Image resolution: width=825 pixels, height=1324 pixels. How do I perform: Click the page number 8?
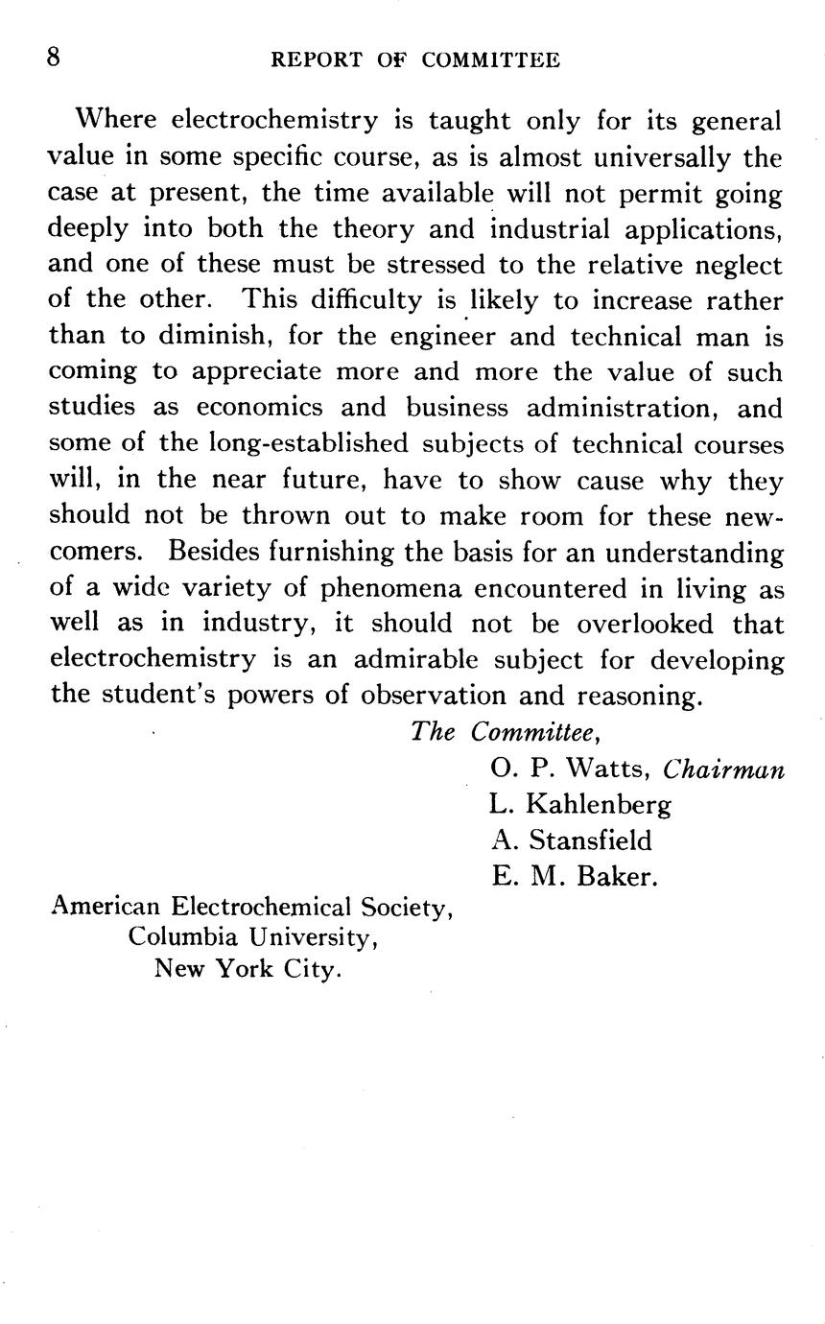54,58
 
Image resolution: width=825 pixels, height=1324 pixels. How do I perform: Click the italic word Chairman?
724,769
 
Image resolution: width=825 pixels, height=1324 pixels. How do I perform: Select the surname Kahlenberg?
600,805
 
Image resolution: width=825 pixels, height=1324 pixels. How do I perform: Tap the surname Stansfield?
590,841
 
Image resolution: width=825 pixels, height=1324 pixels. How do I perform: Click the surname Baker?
617,877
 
